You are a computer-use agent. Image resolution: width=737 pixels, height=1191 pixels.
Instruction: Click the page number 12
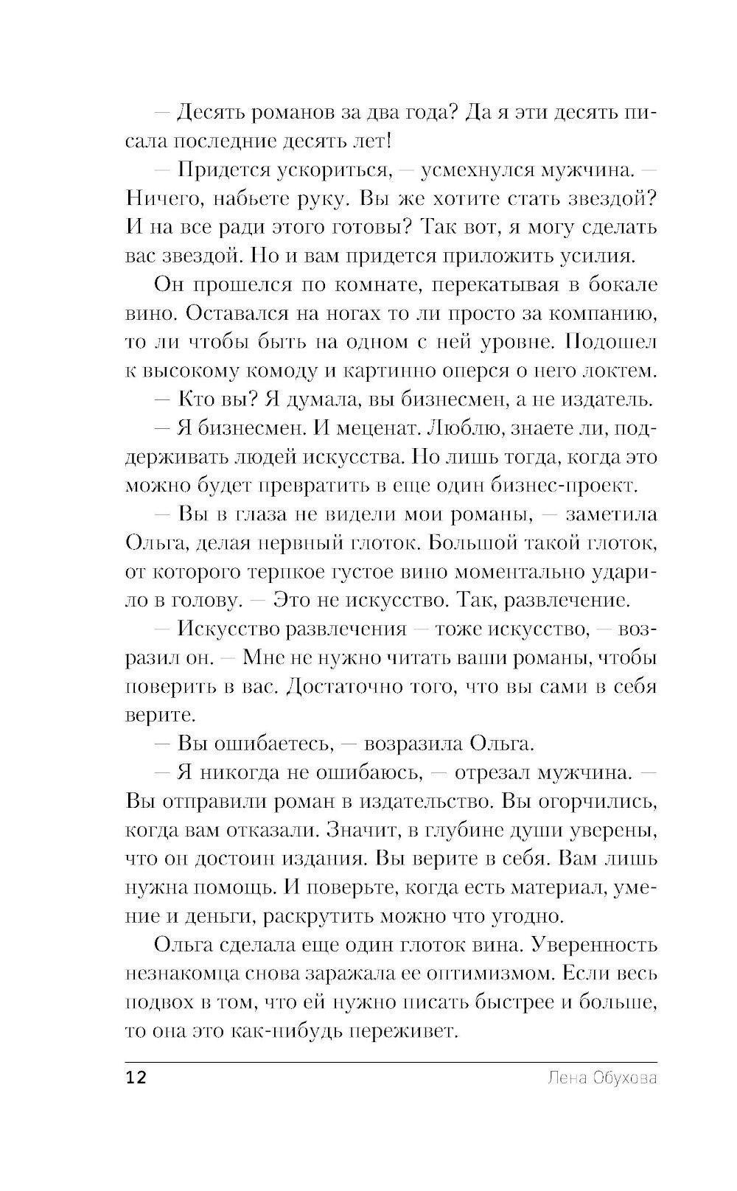point(137,1078)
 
